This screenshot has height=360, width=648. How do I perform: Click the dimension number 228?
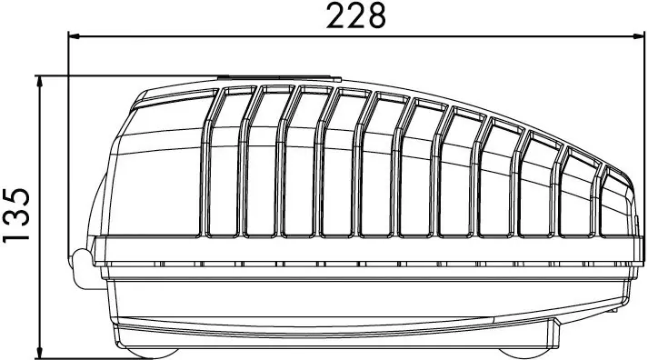coord(356,15)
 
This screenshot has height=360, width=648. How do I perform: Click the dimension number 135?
coord(16,215)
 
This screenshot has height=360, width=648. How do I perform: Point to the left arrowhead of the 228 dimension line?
coord(74,36)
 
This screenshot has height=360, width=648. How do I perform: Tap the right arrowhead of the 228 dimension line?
coord(634,36)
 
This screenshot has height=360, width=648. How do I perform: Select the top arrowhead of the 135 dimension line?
coord(40,82)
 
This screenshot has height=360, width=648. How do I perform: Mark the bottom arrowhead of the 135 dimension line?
coord(40,354)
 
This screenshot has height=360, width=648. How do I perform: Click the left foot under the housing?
coord(152,353)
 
